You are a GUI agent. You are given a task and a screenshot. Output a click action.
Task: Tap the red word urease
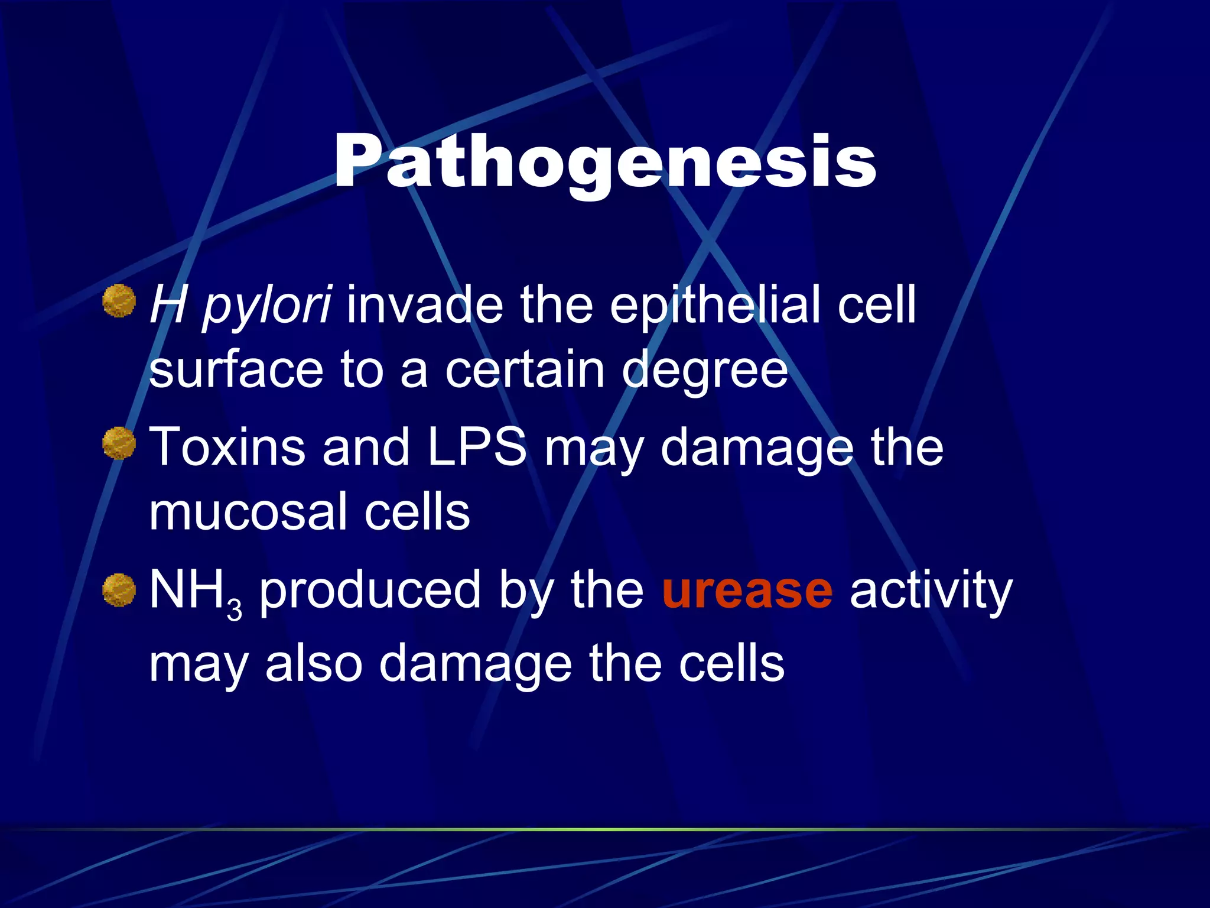(747, 591)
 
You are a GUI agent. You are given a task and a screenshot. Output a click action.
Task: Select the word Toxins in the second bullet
(227, 447)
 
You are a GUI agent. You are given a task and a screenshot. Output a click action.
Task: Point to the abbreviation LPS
(476, 447)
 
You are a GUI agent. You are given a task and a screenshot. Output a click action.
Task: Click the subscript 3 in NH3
(235, 609)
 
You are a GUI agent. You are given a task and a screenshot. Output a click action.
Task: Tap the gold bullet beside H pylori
(119, 301)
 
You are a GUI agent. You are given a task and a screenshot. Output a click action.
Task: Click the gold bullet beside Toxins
(119, 443)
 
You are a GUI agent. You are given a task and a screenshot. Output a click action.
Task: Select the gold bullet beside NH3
(119, 590)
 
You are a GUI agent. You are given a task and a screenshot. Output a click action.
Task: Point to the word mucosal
(248, 512)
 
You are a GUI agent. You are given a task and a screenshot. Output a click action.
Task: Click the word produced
(370, 592)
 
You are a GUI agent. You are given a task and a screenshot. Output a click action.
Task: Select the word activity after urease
(931, 592)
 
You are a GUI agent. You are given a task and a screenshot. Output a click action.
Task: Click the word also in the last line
(314, 664)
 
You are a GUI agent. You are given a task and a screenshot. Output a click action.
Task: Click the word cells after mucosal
(417, 512)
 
